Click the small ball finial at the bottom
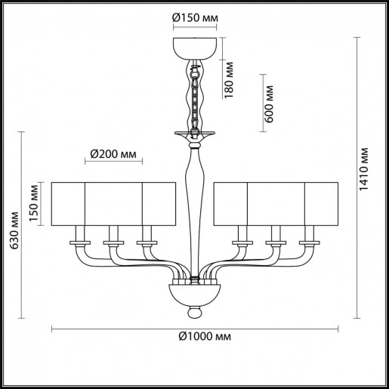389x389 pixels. coord(194,310)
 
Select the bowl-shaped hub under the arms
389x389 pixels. coord(194,292)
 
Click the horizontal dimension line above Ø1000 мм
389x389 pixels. coord(194,326)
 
